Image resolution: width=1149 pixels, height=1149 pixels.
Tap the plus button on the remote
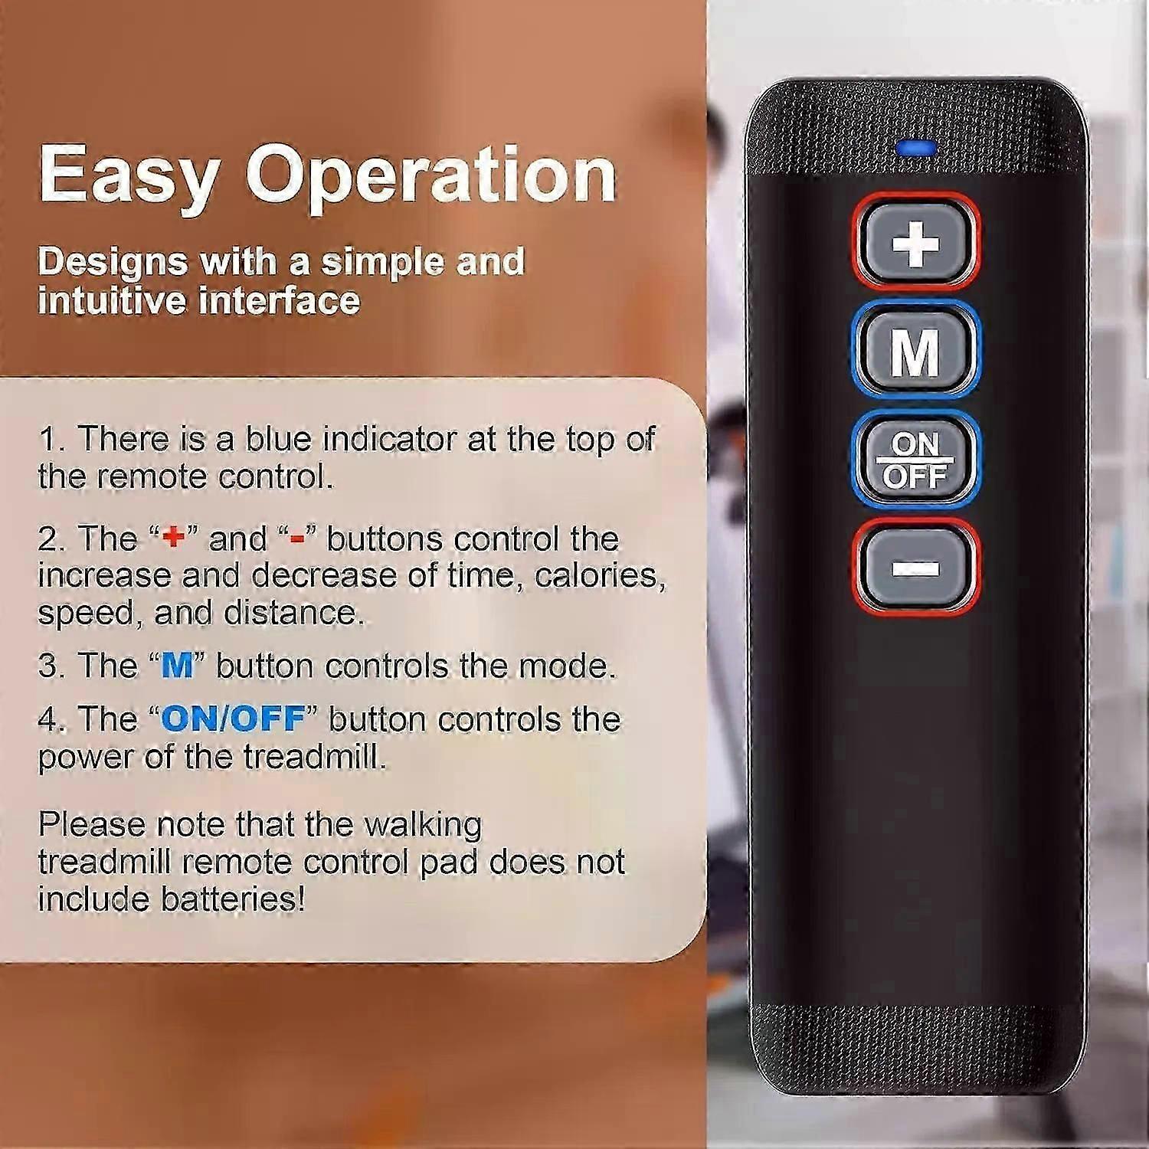[x=915, y=243]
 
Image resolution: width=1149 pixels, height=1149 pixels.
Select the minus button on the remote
[x=915, y=568]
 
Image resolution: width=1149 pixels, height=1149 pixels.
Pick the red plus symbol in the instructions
[x=175, y=538]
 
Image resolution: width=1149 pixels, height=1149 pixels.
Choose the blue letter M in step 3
[x=177, y=666]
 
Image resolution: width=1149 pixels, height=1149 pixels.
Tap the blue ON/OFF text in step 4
[x=233, y=719]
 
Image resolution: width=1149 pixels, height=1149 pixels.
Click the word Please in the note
[x=91, y=825]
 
